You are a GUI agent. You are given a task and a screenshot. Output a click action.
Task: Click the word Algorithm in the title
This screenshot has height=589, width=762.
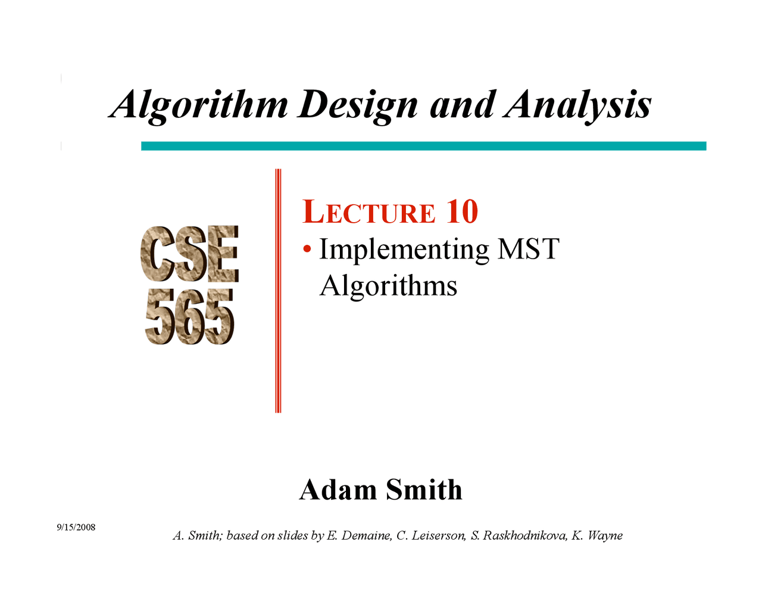[198, 105]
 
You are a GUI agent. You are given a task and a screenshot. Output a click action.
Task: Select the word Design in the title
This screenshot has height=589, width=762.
[358, 105]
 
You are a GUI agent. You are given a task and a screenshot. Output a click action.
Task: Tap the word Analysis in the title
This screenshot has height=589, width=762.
[577, 105]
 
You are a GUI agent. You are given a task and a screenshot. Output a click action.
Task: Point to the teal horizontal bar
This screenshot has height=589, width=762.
[424, 146]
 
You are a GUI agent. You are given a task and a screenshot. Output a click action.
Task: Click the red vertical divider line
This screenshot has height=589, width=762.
[278, 291]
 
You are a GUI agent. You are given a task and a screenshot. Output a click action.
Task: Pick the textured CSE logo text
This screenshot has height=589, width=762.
[190, 254]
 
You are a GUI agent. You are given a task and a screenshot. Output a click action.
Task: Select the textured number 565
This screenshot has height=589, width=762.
[190, 316]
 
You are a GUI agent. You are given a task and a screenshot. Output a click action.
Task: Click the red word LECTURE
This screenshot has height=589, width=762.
[368, 211]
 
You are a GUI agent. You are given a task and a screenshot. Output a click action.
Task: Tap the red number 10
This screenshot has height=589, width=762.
[462, 211]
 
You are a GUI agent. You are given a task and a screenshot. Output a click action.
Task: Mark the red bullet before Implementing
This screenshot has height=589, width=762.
[307, 249]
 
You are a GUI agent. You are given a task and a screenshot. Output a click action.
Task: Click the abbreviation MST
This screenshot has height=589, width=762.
[529, 249]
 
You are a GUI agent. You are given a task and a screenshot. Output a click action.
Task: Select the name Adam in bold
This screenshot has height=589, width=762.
[338, 490]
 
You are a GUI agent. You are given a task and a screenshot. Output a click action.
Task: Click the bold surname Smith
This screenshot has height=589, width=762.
[424, 490]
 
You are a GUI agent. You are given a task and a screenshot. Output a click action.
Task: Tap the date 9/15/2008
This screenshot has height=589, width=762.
[76, 527]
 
